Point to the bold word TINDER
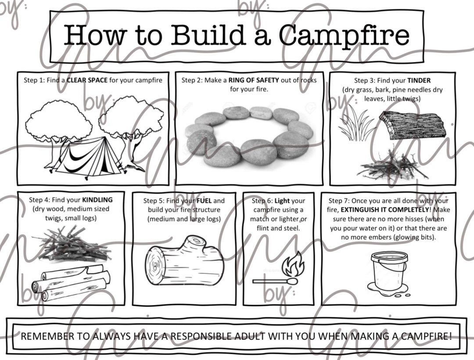pyautogui.click(x=419, y=81)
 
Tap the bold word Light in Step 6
pyautogui.click(x=282, y=201)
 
